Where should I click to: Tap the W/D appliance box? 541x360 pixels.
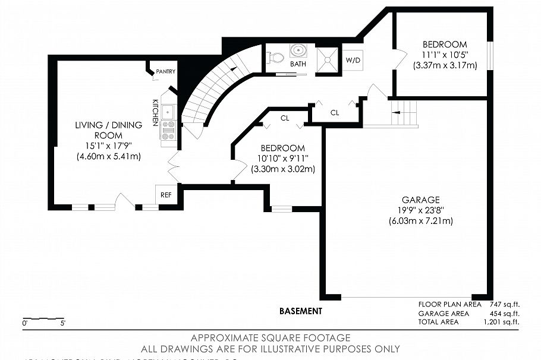tap(353, 60)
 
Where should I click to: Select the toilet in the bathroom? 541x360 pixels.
tap(275, 58)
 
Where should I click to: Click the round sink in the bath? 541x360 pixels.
tap(297, 50)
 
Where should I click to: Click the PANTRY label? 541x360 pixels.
tap(165, 72)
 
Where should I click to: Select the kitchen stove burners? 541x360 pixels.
tap(168, 130)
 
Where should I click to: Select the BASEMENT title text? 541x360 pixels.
tap(300, 311)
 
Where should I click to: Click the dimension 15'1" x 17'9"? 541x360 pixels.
tap(108, 146)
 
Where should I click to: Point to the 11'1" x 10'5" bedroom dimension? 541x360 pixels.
tap(445, 55)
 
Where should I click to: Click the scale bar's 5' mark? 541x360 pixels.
tap(62, 323)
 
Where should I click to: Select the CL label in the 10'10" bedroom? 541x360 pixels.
tap(285, 118)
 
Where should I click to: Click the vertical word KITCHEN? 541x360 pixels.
tap(155, 112)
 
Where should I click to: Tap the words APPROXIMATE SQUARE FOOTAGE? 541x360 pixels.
tap(270, 338)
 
